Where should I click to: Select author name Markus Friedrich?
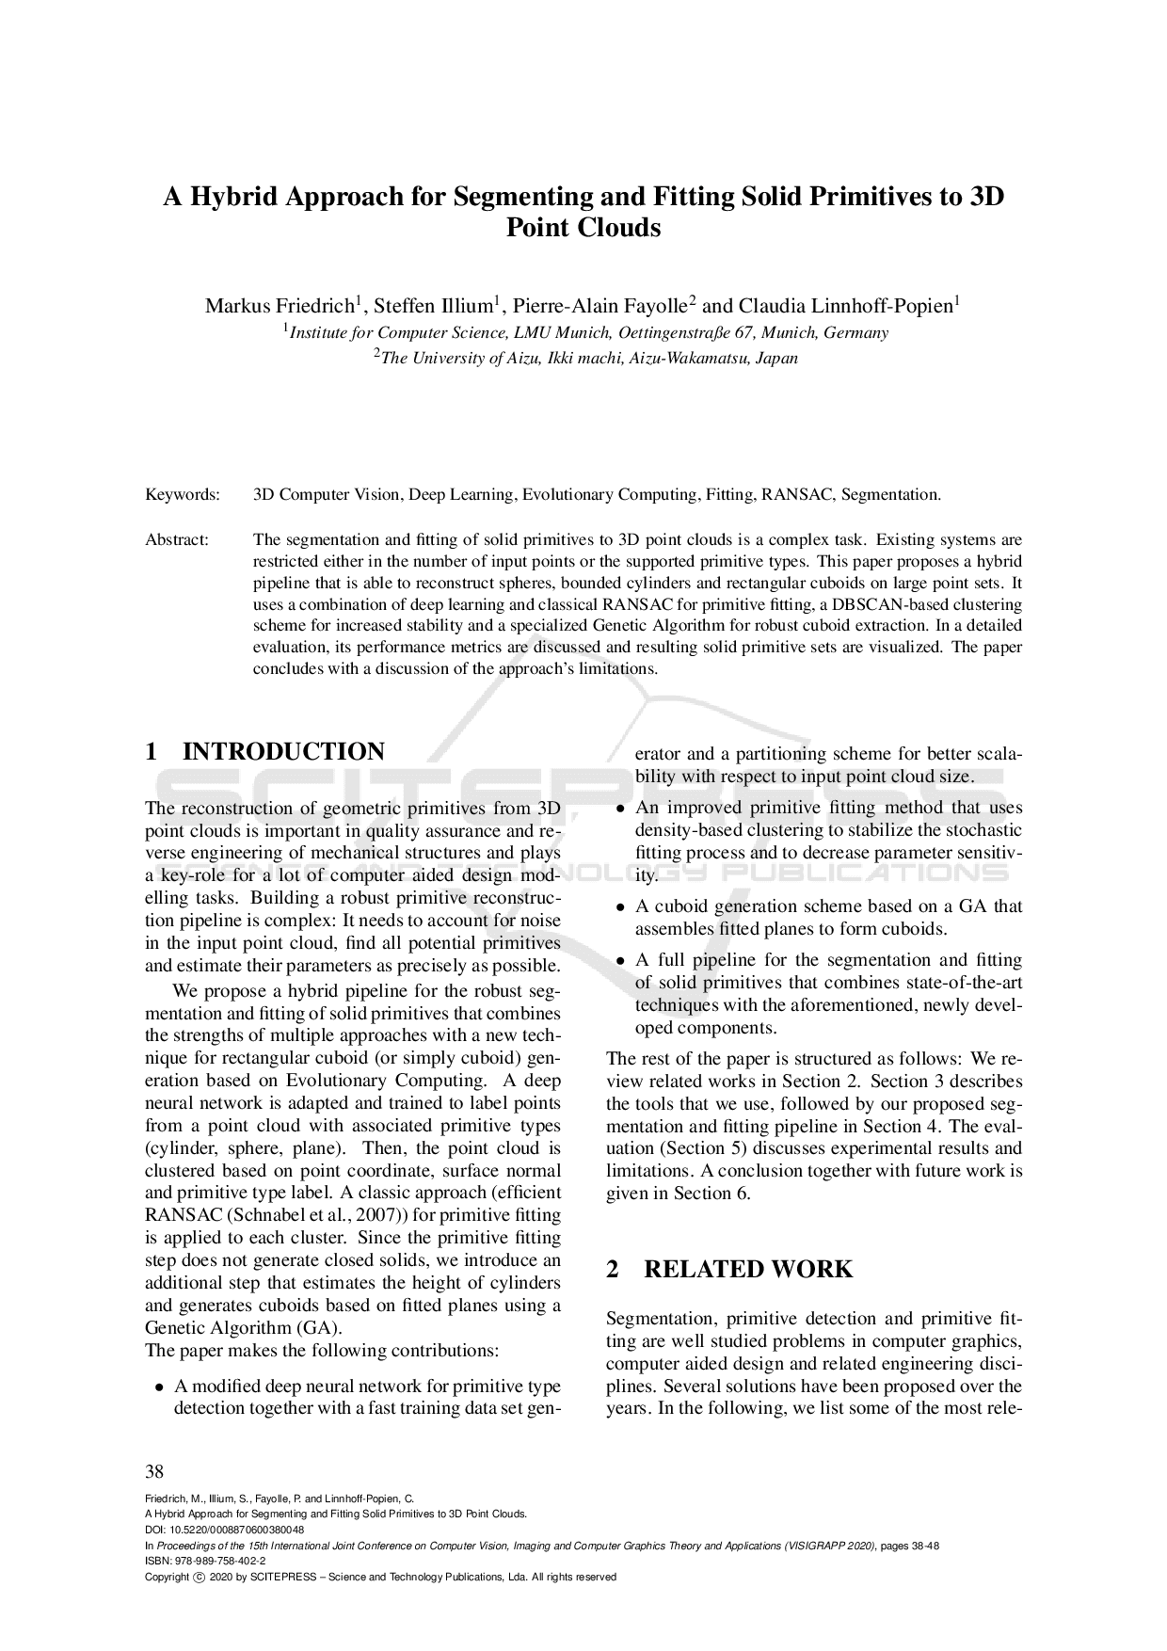280,306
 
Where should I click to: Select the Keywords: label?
183,494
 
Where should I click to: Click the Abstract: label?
176,539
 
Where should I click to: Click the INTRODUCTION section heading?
283,751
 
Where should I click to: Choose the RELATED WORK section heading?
747,1269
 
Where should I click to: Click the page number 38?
154,1471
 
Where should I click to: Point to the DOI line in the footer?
224,1530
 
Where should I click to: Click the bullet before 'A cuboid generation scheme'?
619,907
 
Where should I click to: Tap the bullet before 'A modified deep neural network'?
159,1387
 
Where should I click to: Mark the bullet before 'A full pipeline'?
619,961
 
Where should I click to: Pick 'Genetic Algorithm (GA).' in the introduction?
243,1327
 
